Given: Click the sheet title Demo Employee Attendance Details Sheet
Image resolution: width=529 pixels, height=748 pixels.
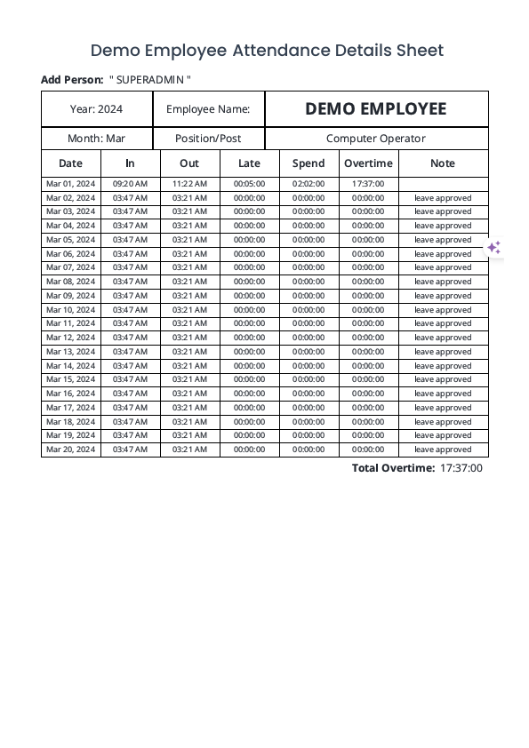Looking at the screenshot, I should tap(267, 51).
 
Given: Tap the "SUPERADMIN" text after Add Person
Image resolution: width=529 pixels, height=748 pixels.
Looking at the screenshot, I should tap(150, 80).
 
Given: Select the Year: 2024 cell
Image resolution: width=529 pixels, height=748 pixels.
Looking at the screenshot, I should tap(97, 109).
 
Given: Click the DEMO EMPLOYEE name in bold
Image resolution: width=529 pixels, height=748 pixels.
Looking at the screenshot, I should tap(376, 109).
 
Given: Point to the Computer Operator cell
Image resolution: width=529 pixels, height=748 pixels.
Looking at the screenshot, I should tap(376, 139).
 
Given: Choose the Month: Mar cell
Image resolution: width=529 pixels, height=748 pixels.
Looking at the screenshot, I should tap(97, 139).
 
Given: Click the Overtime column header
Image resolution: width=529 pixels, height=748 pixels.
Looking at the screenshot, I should tap(368, 163).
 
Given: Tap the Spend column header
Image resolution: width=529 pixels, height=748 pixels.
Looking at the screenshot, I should tap(309, 163).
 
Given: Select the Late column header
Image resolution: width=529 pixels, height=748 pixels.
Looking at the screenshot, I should tap(250, 163).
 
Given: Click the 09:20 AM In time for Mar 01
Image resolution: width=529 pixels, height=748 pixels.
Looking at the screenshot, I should tap(130, 184).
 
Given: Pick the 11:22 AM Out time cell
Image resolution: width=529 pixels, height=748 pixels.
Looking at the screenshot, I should tap(189, 184).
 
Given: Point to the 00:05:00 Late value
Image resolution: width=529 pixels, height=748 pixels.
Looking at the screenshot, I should tap(250, 184).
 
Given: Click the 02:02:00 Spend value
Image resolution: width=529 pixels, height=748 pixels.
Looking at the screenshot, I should tap(309, 184).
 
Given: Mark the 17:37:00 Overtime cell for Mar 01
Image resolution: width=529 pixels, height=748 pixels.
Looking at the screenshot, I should tap(368, 184).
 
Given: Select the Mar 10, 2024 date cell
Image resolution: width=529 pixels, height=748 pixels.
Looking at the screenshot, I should tap(70, 310).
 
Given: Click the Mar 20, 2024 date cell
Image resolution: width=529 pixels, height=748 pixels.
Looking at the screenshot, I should tap(70, 450).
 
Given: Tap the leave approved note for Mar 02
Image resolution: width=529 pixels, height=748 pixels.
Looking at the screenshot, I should tap(443, 198).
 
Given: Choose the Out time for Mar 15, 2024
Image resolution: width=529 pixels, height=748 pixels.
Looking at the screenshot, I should tap(189, 379).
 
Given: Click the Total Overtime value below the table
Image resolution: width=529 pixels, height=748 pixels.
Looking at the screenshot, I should tap(461, 468).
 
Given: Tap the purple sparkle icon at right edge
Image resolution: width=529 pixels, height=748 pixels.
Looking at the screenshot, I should tap(494, 248).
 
